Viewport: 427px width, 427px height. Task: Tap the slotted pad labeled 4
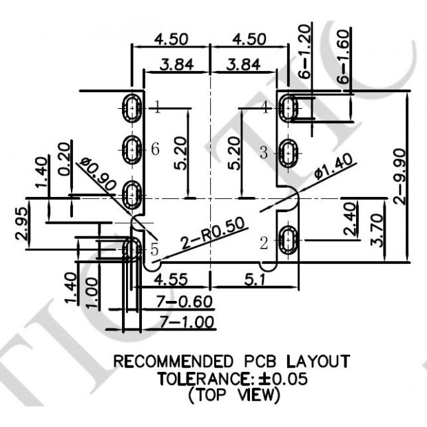click(289, 107)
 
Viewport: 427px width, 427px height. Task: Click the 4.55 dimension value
click(168, 280)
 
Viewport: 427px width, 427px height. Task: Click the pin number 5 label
click(154, 248)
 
